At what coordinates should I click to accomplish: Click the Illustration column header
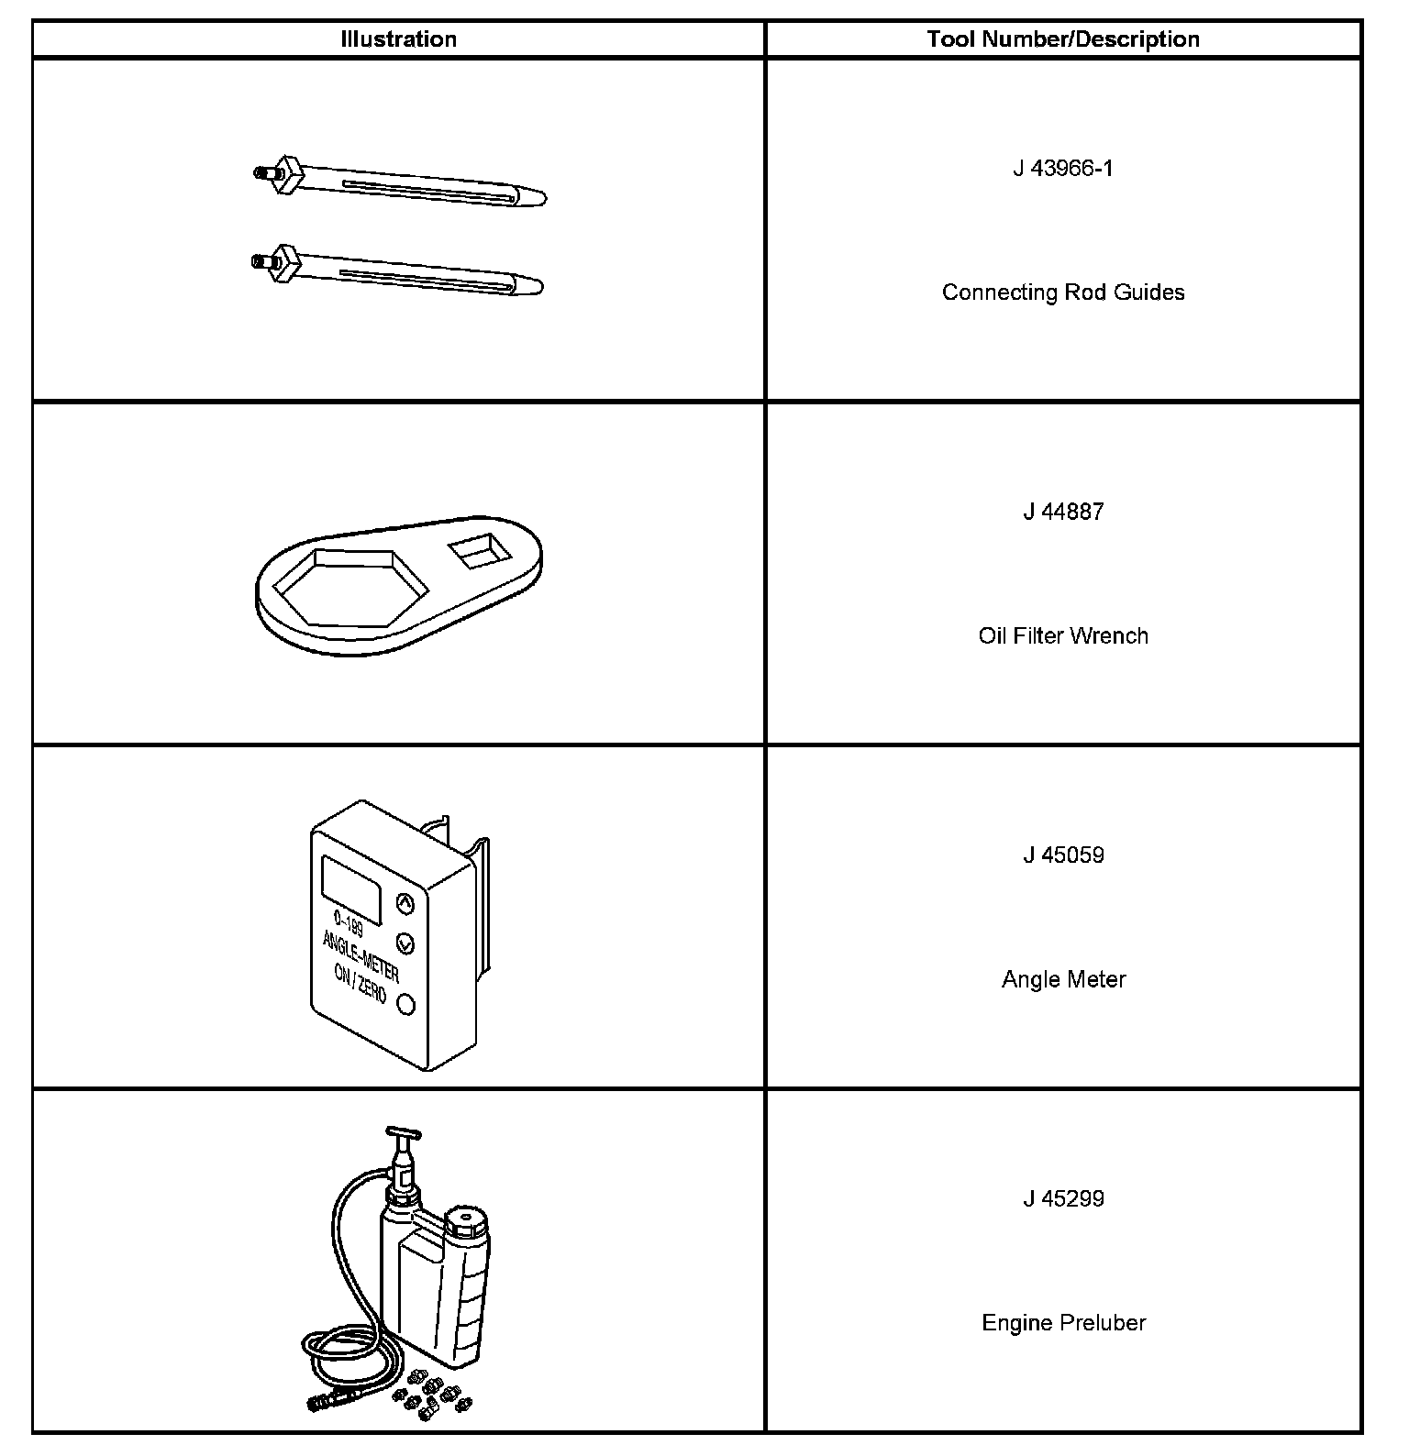(x=398, y=39)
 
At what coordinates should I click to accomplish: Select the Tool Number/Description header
(x=1063, y=39)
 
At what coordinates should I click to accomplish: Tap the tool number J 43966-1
(x=1063, y=169)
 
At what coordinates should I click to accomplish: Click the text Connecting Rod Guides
(x=1063, y=292)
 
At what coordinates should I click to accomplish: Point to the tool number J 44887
(x=1063, y=512)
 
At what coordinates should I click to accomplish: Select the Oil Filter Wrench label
(x=1063, y=636)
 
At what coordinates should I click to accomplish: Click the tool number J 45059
(x=1063, y=855)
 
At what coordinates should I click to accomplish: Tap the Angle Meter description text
(x=1063, y=979)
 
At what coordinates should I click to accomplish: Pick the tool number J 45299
(x=1063, y=1199)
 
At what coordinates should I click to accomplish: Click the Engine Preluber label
(x=1063, y=1323)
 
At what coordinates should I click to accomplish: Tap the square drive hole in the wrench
(x=479, y=553)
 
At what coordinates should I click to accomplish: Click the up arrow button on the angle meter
(x=405, y=904)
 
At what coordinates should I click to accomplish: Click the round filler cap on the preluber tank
(x=468, y=1220)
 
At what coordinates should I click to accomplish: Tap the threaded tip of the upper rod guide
(x=263, y=171)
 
